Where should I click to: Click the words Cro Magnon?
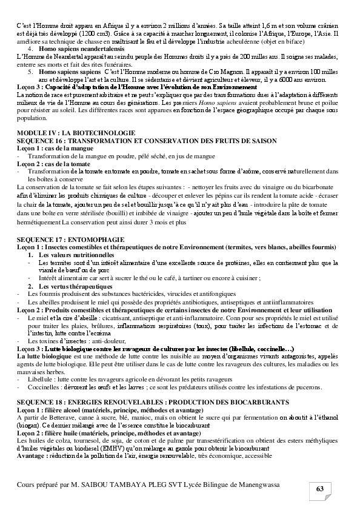(x=220, y=72)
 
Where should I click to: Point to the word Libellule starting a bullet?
(x=42, y=378)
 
